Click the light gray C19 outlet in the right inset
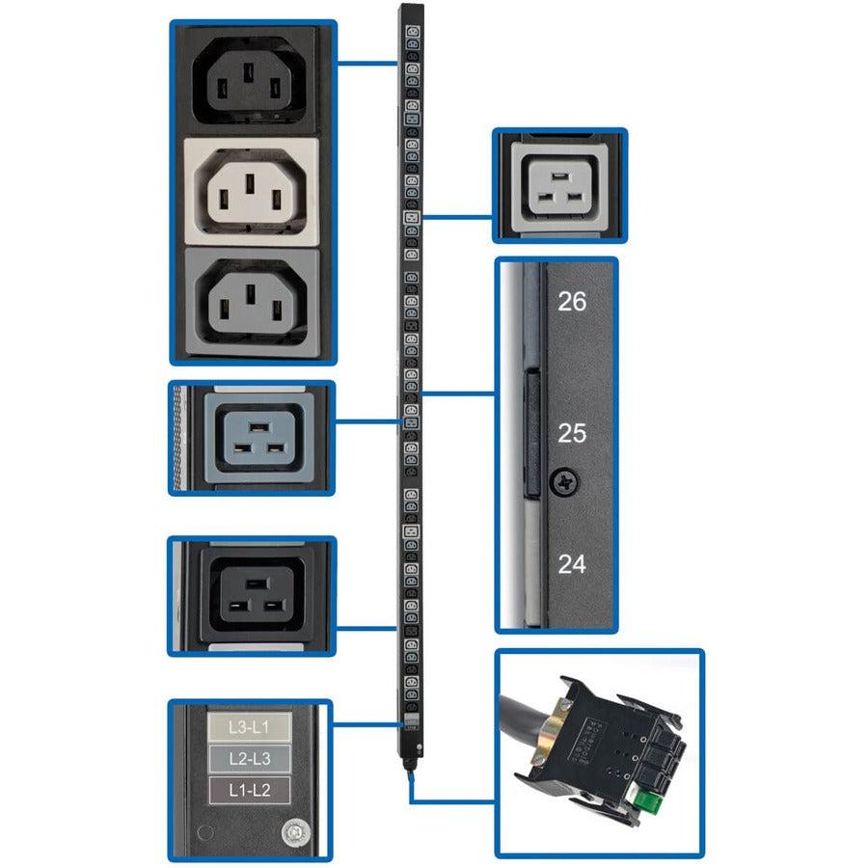[x=560, y=184]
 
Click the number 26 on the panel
[x=572, y=302]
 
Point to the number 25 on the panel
[x=572, y=433]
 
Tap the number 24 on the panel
[x=572, y=564]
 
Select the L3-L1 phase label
[x=250, y=726]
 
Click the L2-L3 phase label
[x=250, y=759]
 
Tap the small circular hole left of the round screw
[x=202, y=831]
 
